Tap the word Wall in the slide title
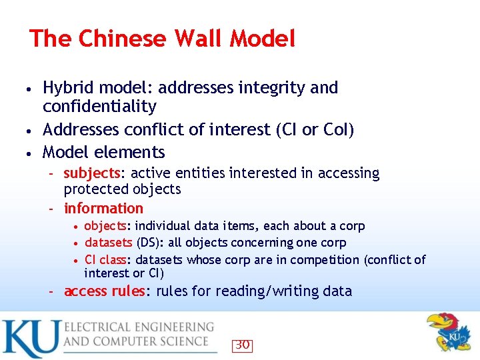point(199,39)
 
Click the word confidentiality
point(99,107)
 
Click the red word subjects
point(92,173)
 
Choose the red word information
point(103,208)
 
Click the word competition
point(323,259)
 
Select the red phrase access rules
point(104,291)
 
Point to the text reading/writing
point(270,291)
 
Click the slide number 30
point(243,345)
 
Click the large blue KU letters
point(30,338)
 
